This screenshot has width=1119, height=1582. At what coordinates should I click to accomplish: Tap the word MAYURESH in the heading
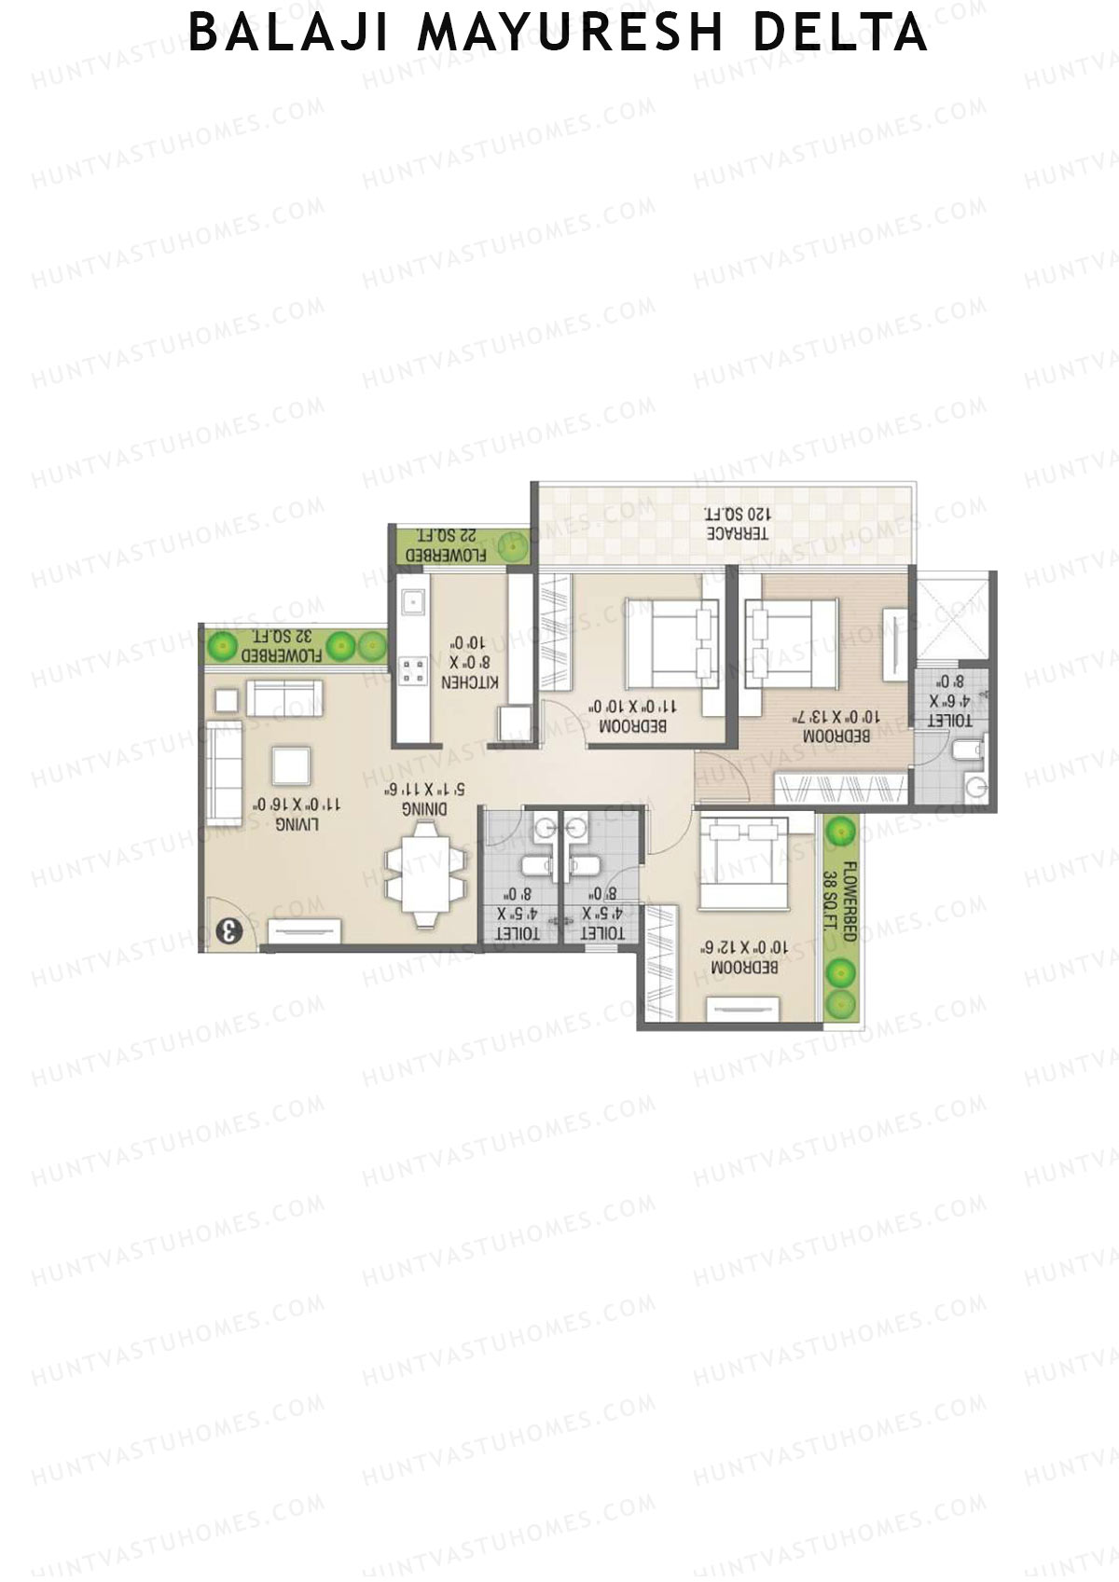click(x=570, y=33)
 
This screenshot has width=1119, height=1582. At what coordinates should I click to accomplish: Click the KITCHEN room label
click(x=470, y=682)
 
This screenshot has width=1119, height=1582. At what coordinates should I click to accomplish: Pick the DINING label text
click(x=424, y=808)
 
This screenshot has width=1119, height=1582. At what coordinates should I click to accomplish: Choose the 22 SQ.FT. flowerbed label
click(x=447, y=545)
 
